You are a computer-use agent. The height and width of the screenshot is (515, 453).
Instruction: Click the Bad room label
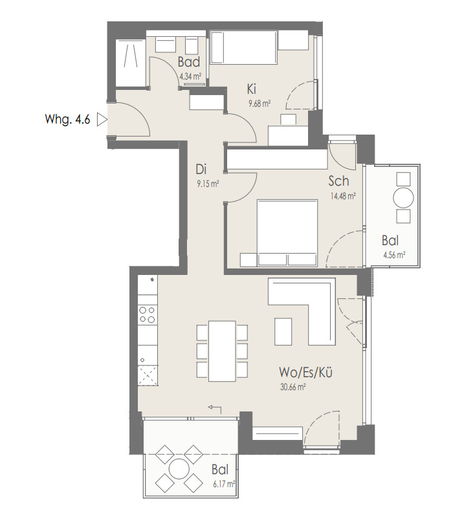point(189,61)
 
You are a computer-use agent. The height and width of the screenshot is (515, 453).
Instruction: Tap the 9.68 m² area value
point(260,104)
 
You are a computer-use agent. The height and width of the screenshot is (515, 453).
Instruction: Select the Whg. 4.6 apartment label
point(67,119)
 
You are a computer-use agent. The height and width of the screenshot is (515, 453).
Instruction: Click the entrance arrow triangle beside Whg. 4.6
point(102,120)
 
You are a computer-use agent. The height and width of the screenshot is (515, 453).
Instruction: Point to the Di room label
point(201,170)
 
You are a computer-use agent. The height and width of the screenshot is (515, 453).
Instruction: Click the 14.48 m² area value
point(343,196)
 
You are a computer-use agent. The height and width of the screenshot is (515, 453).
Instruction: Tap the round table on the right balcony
point(403,197)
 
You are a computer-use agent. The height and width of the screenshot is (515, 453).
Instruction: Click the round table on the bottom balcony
point(179,468)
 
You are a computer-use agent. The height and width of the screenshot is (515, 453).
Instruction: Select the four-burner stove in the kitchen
point(148,314)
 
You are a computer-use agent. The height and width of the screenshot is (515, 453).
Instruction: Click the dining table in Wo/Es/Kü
point(222,351)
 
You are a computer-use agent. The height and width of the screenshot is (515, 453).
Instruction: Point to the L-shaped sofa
point(302,311)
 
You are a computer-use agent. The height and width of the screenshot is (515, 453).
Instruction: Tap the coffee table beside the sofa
point(283,331)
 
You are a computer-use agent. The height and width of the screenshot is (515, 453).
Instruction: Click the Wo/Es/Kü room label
point(305,373)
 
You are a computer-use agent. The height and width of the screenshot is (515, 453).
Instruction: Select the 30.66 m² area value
point(293,387)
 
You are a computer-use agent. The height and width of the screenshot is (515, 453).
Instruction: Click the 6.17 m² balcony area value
point(224,484)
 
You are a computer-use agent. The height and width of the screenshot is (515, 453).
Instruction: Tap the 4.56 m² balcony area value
point(394,255)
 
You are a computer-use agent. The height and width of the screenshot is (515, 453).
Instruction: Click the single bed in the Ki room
point(243,47)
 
